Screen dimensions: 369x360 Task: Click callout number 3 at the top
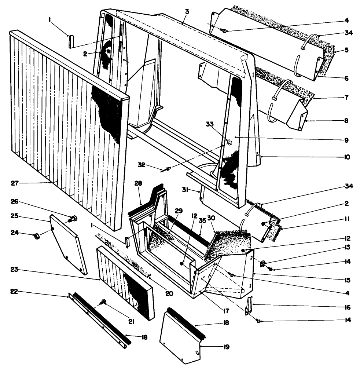tap(187, 11)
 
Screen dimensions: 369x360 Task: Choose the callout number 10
tap(346, 157)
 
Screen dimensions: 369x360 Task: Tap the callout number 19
tap(226, 347)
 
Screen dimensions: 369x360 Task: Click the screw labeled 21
tap(104, 302)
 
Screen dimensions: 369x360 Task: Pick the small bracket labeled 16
tap(250, 306)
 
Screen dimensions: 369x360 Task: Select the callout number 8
tap(346, 120)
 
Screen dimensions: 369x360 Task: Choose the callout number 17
tap(225, 311)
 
